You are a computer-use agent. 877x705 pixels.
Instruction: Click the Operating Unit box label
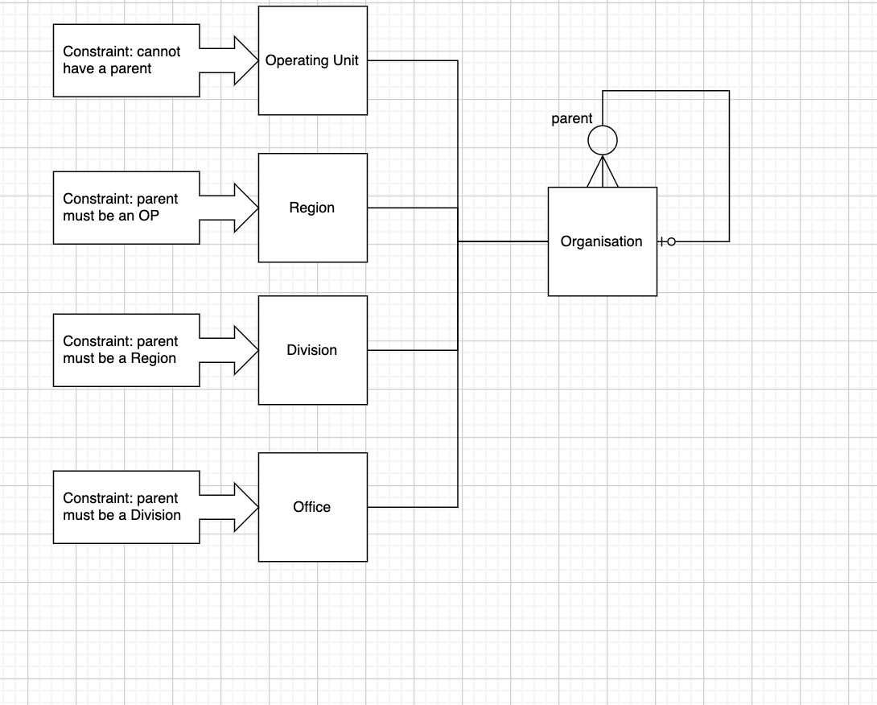click(x=312, y=60)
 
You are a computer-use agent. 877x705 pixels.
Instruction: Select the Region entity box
click(x=312, y=208)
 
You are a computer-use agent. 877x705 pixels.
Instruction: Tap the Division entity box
click(x=312, y=350)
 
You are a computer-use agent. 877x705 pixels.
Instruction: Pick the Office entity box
click(x=312, y=507)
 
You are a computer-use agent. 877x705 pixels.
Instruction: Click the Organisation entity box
click(x=602, y=241)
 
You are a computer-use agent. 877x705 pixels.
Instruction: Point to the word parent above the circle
click(x=571, y=119)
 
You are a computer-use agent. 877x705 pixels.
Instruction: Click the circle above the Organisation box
click(x=603, y=141)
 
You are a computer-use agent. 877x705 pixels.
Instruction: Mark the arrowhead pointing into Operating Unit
click(x=245, y=60)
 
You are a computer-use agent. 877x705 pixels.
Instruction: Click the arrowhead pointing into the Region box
click(x=245, y=208)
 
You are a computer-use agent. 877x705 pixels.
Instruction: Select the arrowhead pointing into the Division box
click(x=245, y=350)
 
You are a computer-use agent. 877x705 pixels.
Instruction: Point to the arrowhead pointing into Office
click(x=245, y=507)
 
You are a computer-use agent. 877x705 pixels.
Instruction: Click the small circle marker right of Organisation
click(x=672, y=241)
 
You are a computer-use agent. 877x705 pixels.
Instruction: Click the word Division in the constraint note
click(x=156, y=515)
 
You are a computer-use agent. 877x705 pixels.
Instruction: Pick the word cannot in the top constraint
click(x=159, y=52)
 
